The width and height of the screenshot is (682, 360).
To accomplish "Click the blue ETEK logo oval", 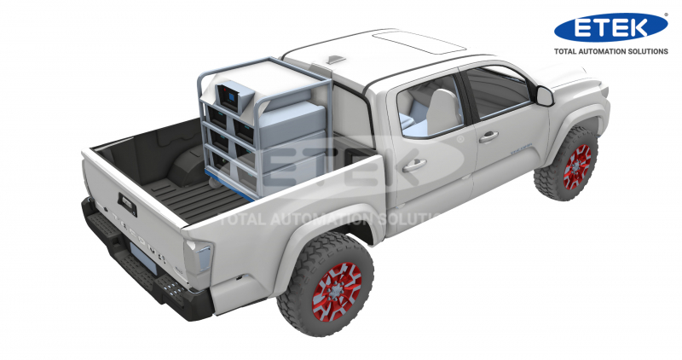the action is point(610,27).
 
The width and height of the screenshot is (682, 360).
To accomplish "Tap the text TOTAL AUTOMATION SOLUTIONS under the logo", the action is point(610,51).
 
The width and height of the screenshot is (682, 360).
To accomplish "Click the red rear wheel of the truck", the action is point(336,292).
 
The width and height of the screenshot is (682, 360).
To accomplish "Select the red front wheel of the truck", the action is point(578,166).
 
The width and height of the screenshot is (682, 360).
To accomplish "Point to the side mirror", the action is point(544,96).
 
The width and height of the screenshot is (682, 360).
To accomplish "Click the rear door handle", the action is point(413,165).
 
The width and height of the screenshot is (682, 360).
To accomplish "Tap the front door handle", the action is point(488,137).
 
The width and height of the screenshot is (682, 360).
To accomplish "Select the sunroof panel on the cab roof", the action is point(419,42).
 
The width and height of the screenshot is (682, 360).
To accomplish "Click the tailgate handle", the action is point(127,205).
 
